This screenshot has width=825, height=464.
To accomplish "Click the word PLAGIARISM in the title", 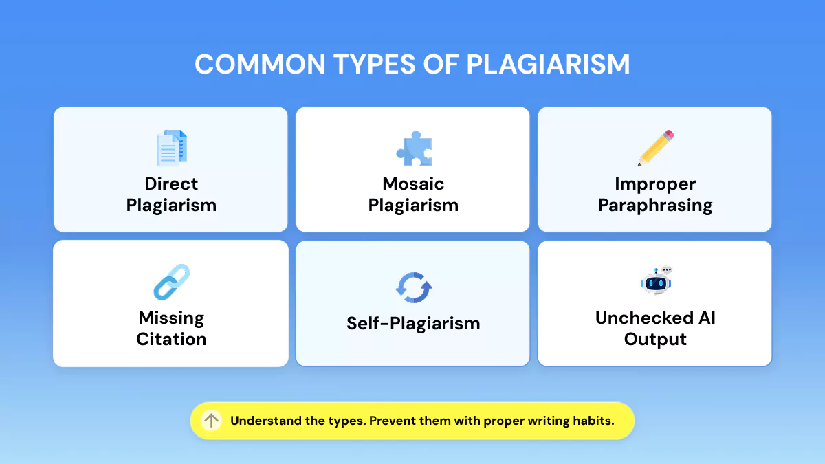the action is (548, 65).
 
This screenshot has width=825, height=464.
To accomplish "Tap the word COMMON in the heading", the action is (260, 65).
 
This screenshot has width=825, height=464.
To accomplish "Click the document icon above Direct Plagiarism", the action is (172, 148).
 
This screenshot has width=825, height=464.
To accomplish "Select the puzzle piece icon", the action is (414, 148).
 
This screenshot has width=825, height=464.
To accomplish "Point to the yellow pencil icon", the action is (656, 148).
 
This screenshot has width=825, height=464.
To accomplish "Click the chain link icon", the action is (172, 282).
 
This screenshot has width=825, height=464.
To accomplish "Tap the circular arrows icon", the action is (414, 287).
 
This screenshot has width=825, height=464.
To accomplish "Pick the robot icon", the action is (656, 280).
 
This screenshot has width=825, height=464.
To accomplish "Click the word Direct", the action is (171, 184).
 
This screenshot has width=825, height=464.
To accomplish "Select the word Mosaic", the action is (413, 184).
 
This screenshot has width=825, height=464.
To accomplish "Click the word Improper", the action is (655, 184).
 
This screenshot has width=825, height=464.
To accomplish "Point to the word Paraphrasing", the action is (655, 206).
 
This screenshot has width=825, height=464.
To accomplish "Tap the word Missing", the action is (171, 318).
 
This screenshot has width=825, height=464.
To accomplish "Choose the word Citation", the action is (171, 339).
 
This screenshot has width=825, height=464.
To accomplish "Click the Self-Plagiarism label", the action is (413, 324).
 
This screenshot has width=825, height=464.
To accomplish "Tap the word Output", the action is (655, 340).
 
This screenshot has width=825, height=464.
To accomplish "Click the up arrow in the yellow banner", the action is (212, 421).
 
